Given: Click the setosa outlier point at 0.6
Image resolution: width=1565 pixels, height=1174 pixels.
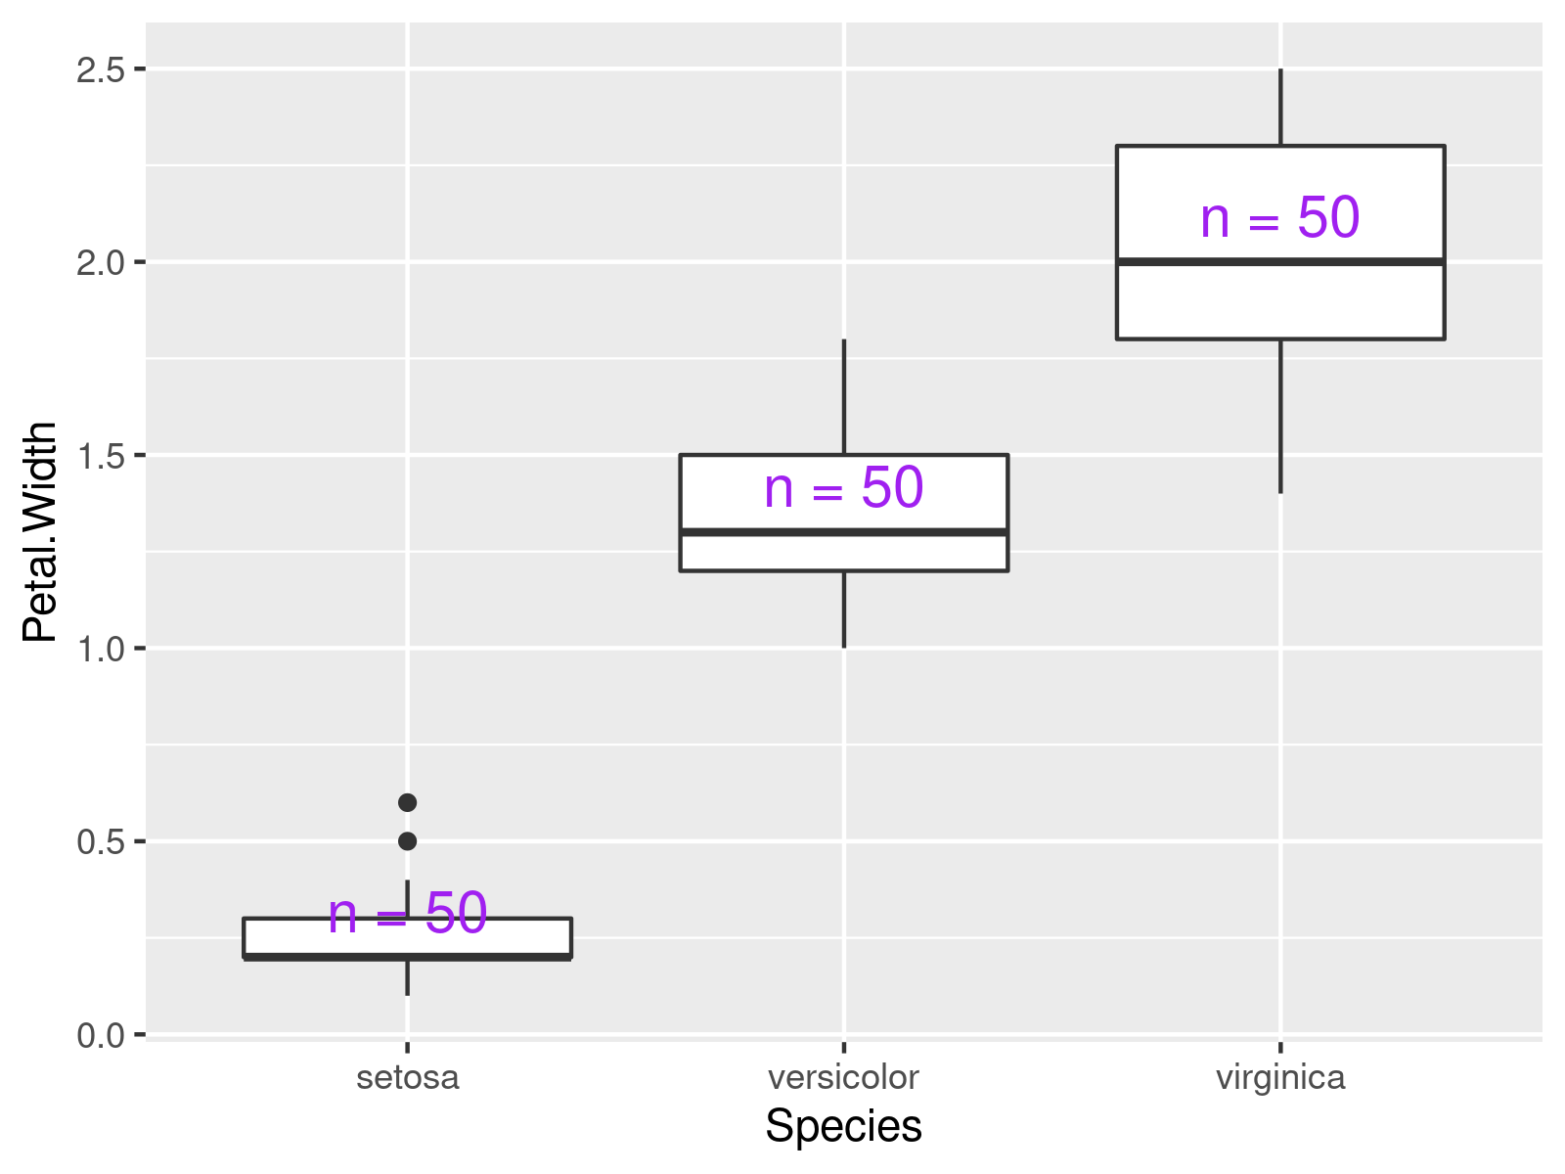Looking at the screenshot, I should click(408, 802).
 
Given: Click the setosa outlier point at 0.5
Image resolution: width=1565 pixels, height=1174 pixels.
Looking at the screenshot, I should click(408, 841).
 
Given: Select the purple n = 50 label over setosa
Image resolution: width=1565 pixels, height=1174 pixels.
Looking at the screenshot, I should click(407, 914).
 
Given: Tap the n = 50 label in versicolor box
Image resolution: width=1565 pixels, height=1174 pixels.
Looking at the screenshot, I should click(843, 487).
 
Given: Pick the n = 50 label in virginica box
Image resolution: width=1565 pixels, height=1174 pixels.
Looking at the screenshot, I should click(1279, 217).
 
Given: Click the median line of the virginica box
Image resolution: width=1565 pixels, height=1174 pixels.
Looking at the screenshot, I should click(1280, 261).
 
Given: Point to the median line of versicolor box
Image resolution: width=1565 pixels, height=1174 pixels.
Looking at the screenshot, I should click(843, 532).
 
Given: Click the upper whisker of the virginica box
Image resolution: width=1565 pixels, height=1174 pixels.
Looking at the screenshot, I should click(1280, 108).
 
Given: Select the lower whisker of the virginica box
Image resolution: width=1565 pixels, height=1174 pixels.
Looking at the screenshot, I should click(1280, 416).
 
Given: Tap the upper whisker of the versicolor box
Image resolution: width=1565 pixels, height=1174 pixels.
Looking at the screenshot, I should click(843, 396).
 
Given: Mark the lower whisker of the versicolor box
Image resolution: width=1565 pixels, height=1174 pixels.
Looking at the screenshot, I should click(843, 609).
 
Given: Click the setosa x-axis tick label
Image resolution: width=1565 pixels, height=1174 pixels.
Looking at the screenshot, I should click(408, 1077).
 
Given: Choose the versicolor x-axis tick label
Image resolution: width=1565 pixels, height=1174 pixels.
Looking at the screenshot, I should click(843, 1077).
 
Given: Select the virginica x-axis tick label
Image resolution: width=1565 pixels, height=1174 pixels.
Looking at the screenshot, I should click(1280, 1077).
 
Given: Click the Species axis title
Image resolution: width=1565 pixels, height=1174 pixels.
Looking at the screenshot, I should click(843, 1126).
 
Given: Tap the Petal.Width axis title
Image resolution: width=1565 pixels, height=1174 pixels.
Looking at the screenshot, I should click(41, 532).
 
